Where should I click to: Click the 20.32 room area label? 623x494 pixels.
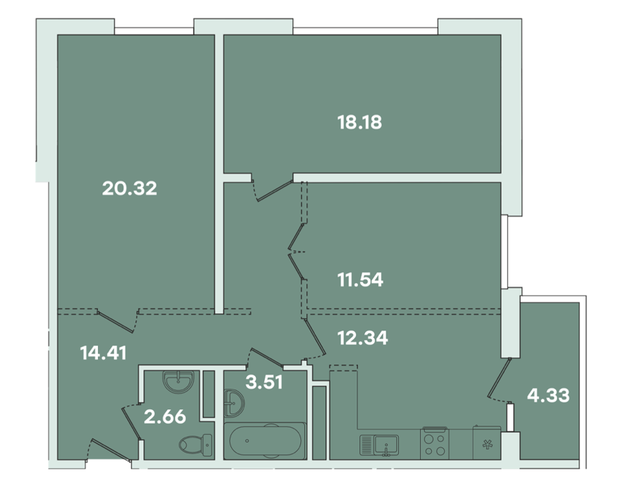[x=130, y=188]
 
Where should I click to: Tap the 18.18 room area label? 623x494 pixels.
[x=359, y=122]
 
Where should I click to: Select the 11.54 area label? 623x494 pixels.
[x=360, y=279]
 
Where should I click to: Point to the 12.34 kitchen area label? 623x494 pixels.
[x=362, y=338]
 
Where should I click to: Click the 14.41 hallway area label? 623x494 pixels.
[x=104, y=353]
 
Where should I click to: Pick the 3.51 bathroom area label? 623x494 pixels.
[x=264, y=382]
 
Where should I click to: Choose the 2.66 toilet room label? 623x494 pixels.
[x=165, y=417]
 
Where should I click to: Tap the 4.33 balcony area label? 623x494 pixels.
[x=548, y=396]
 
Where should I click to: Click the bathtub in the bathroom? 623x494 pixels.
[x=264, y=440]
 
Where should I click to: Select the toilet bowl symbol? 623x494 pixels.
[x=195, y=445]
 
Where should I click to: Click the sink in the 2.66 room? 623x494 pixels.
[x=178, y=381]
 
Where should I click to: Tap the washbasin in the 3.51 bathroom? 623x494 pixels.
[x=234, y=403]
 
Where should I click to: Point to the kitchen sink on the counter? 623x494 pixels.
[x=379, y=445]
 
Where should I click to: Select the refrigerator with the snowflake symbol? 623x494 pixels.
[x=487, y=442]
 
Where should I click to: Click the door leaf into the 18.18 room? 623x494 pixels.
[x=275, y=191]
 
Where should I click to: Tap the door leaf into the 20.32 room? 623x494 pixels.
[x=115, y=321]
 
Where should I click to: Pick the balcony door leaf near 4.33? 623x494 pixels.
[x=499, y=378]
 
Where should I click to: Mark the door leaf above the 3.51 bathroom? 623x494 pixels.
[x=266, y=357]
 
